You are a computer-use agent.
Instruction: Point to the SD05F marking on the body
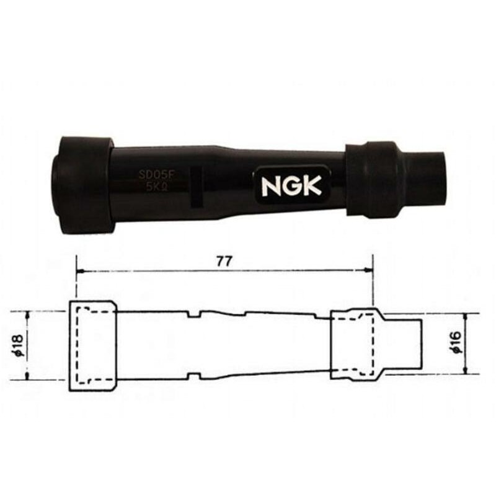click(x=157, y=176)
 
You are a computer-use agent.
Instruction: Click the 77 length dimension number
click(x=224, y=261)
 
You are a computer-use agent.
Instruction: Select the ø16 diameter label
click(x=457, y=343)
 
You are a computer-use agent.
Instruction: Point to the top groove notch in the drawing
click(x=193, y=315)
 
